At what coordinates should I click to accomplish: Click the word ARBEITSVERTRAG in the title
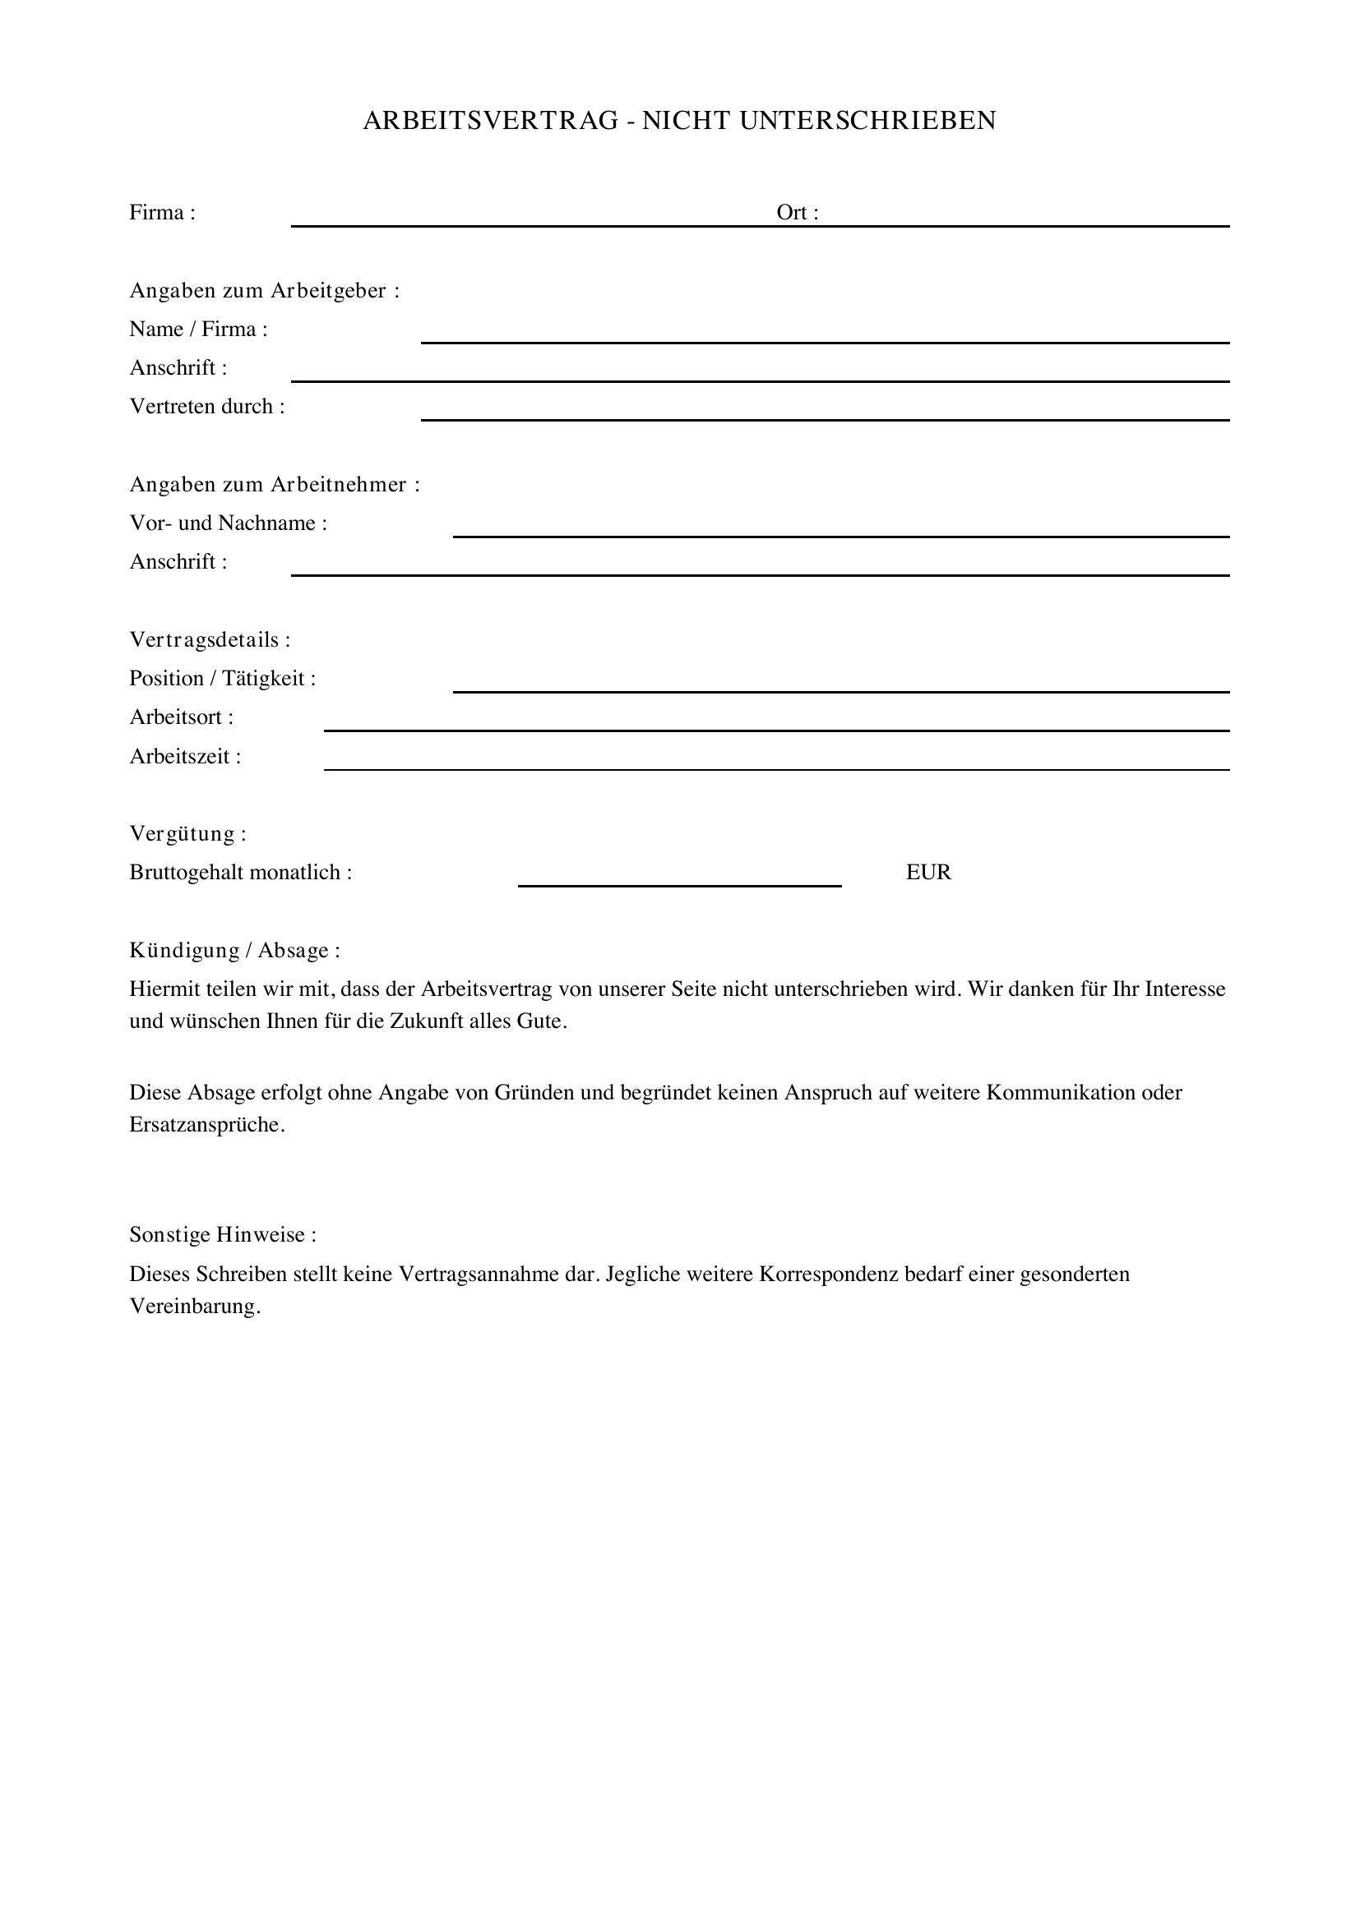490,122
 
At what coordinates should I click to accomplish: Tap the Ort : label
797,213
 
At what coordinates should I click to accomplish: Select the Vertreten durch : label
207,407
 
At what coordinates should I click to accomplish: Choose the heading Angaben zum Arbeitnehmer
274,485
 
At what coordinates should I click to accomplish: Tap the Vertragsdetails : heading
210,640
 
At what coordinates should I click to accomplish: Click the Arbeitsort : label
181,717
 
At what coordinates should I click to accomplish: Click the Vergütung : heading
187,834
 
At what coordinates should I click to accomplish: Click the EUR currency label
927,873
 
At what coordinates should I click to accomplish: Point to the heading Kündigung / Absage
234,951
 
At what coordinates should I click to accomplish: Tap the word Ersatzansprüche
206,1125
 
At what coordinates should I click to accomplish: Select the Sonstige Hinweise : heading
223,1235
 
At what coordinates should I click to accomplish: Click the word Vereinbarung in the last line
194,1307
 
